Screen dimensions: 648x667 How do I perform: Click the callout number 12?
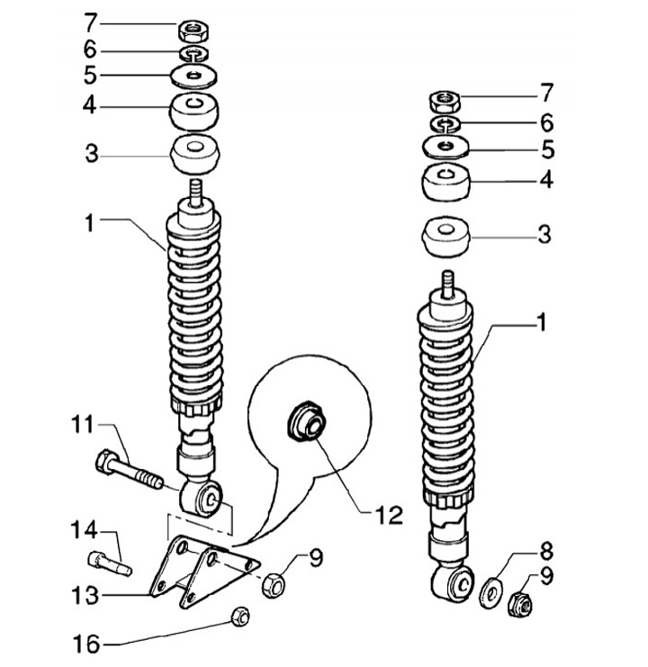(389, 515)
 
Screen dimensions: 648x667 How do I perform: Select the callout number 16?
(86, 644)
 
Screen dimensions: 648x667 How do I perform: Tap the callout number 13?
(85, 595)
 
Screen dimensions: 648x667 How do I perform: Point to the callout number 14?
(84, 530)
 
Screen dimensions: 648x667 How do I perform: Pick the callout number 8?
(546, 551)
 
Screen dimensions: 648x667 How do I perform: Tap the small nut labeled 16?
(239, 616)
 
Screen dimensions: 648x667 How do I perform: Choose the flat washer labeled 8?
(491, 592)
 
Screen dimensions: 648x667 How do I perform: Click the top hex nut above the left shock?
(193, 31)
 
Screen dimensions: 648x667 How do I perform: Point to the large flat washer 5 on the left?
(193, 77)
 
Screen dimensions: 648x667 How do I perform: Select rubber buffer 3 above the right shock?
(445, 237)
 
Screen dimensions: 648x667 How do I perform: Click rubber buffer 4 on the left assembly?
(194, 112)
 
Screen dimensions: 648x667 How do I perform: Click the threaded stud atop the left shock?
(195, 194)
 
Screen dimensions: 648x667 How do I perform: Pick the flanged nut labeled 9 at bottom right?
(521, 602)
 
